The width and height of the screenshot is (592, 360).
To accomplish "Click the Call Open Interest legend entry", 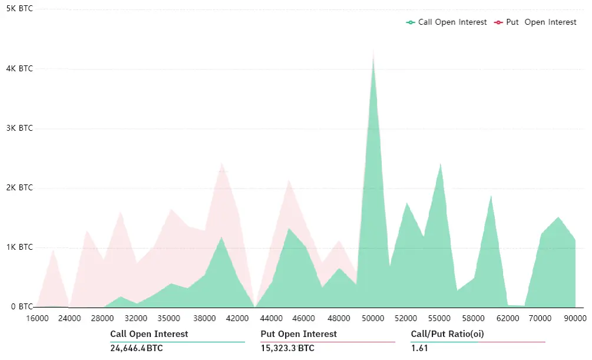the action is pos(447,22).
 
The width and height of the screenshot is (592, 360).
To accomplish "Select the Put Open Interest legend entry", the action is pos(535,22).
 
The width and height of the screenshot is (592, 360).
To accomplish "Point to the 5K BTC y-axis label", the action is pos(19,8).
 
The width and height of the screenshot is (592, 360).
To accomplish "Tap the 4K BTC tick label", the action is pos(19,68).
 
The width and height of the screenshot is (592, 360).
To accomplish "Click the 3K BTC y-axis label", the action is pos(19,128).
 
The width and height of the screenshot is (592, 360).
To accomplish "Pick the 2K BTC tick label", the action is pos(19,187).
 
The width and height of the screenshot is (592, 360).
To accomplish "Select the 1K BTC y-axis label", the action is pos(19,247).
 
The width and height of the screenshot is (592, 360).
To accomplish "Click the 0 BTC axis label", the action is pos(22,306).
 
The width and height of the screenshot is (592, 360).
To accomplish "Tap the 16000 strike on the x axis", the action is pos(37,318).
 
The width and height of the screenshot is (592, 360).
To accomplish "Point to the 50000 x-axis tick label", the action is pos(373,318).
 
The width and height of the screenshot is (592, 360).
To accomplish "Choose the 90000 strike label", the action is pos(575,318).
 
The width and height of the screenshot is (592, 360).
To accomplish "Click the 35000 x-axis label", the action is pos(169,318).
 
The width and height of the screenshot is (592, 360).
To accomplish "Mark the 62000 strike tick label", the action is pos(508,318).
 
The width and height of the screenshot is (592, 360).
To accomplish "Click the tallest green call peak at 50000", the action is pos(373,57).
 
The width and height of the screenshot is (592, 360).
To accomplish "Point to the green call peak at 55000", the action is pos(440,165).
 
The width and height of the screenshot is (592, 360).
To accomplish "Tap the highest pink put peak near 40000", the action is pos(221,164).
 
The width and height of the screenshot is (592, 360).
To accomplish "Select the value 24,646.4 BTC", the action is pos(136,348).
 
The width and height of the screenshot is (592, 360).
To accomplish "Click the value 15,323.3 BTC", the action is pos(287,348).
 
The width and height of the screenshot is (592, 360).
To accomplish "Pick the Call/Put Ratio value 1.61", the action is pos(419,348).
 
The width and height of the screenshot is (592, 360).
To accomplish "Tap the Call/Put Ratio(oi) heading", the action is pos(448,334).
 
